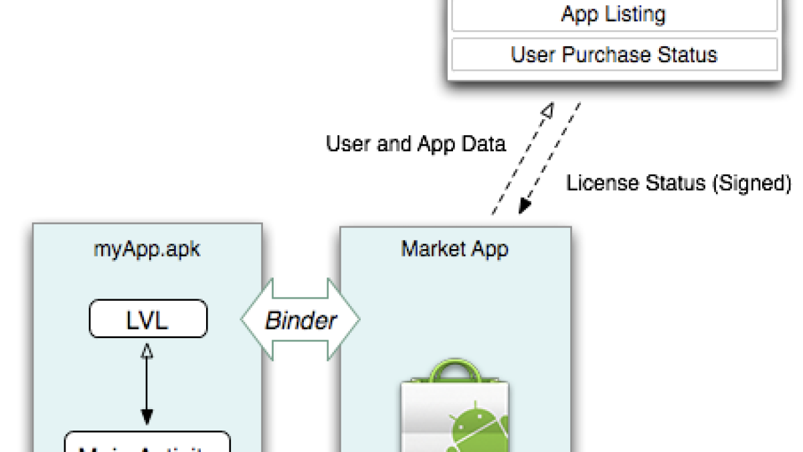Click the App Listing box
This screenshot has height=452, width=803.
[x=614, y=15]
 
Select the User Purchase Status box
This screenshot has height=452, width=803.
[x=614, y=54]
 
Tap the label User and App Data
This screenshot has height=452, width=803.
[x=416, y=144]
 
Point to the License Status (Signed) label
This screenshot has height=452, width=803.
[x=679, y=183]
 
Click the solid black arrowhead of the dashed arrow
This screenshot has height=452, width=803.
[x=525, y=206]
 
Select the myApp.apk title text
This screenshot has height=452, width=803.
[x=147, y=250]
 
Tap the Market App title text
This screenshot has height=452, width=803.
[x=454, y=250]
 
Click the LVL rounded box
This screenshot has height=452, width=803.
[x=148, y=319]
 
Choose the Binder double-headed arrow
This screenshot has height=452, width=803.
[x=300, y=320]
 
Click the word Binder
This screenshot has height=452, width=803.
[x=300, y=321]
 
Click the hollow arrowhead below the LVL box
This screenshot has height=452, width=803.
[x=147, y=351]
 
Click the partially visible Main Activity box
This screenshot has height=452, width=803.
[x=147, y=444]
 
